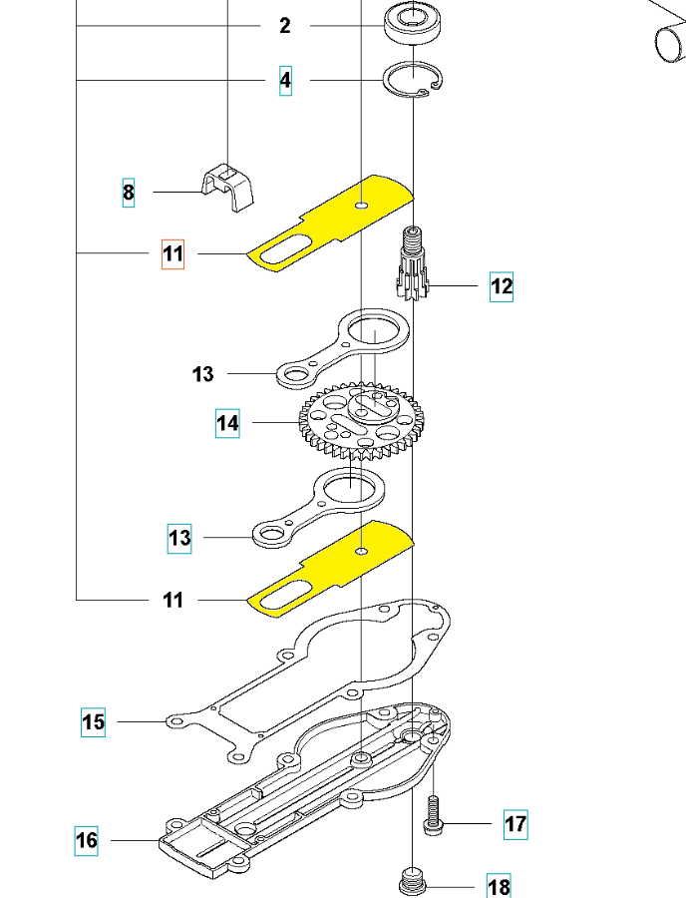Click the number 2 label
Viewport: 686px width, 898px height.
click(x=285, y=26)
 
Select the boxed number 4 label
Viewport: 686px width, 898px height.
click(x=286, y=80)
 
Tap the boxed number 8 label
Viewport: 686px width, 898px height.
click(x=128, y=192)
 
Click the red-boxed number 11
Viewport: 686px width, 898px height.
click(x=173, y=254)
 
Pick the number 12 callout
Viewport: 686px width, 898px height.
click(x=501, y=287)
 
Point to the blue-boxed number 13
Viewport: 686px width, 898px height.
click(x=179, y=539)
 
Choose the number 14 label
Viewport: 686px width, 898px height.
click(x=228, y=423)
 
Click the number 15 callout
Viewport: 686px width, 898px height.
click(x=93, y=720)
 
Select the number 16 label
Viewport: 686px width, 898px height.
click(x=88, y=840)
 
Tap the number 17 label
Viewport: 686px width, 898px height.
click(x=515, y=824)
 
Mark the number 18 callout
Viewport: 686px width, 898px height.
click(x=499, y=886)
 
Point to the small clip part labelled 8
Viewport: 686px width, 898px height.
click(x=228, y=187)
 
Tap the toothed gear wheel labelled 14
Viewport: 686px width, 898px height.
click(x=348, y=423)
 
